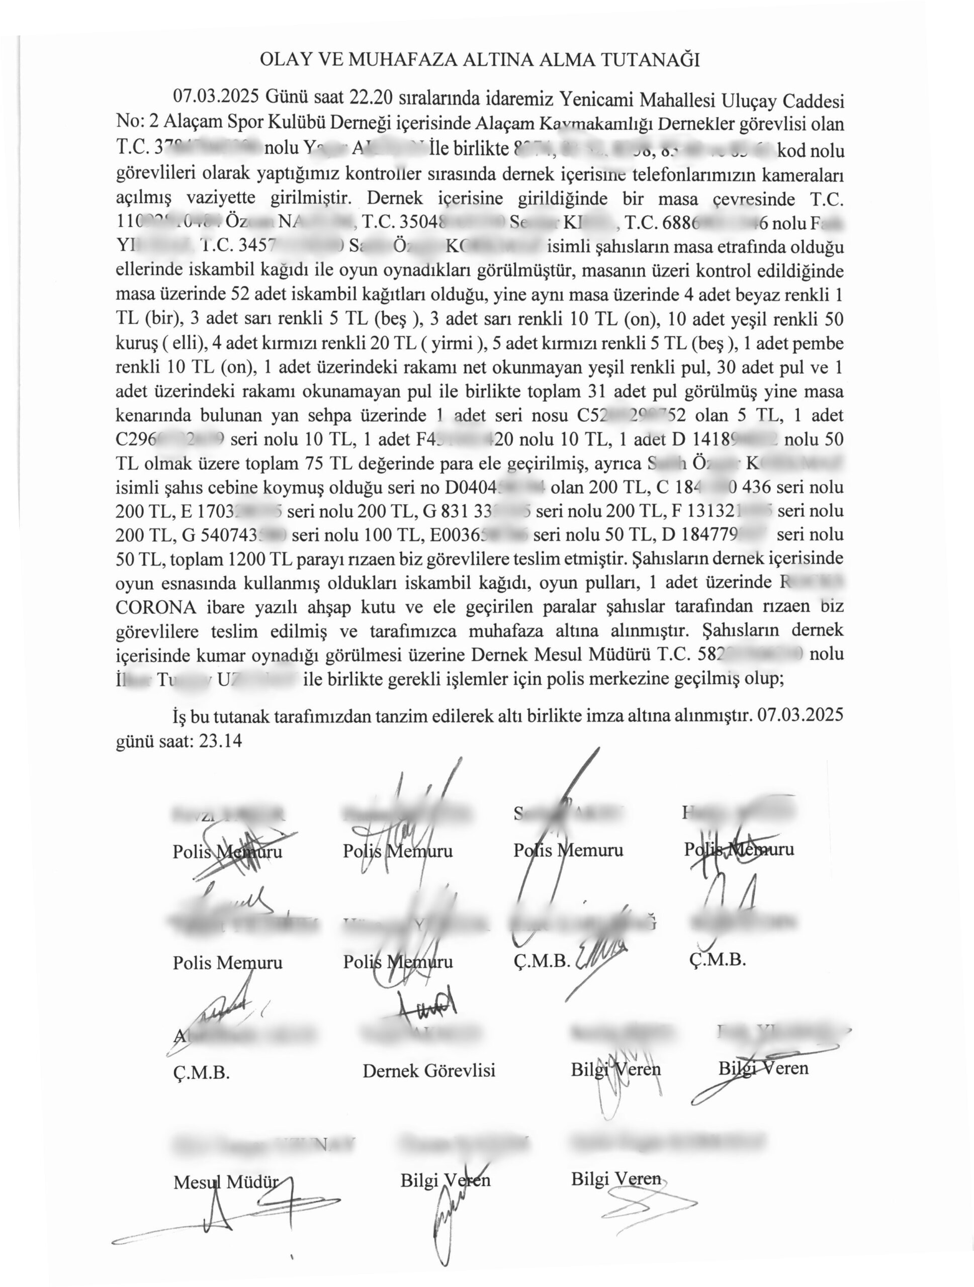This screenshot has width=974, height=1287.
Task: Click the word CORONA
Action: click(x=156, y=607)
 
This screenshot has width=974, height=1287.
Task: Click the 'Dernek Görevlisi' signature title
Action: click(x=429, y=1070)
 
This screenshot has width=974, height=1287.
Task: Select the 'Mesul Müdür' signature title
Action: click(x=226, y=1182)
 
